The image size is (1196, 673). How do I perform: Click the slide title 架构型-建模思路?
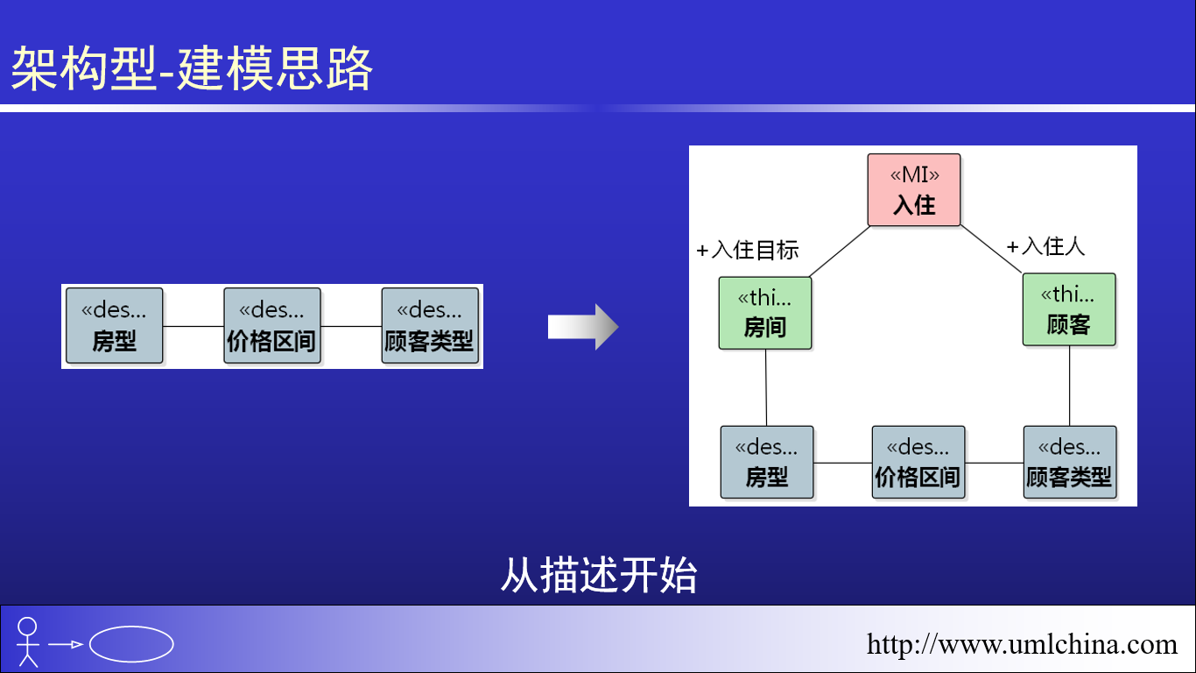tap(191, 67)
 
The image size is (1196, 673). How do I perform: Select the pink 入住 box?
tap(913, 190)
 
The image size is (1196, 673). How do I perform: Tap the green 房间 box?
tap(765, 313)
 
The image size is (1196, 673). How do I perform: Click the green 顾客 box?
tap(1069, 309)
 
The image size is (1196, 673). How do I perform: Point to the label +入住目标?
tap(748, 250)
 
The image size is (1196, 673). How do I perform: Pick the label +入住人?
tap(1045, 246)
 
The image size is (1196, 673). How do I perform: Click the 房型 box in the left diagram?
tap(115, 325)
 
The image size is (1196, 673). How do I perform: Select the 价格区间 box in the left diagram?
tap(272, 325)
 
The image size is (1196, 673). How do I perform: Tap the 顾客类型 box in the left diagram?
tap(430, 325)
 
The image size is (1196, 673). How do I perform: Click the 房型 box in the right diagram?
tap(767, 463)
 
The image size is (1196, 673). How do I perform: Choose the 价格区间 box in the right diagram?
tap(918, 463)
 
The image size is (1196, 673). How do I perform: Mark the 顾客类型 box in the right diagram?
tap(1069, 463)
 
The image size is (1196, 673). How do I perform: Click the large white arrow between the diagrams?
tap(583, 327)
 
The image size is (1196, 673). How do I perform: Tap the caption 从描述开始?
tap(599, 575)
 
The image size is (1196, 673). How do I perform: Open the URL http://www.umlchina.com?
tap(1022, 644)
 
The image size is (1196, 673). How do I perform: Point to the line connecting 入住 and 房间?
tap(840, 251)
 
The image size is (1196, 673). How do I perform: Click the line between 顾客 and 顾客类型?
tap(1069, 386)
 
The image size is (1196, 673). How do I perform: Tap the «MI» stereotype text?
tap(915, 174)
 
